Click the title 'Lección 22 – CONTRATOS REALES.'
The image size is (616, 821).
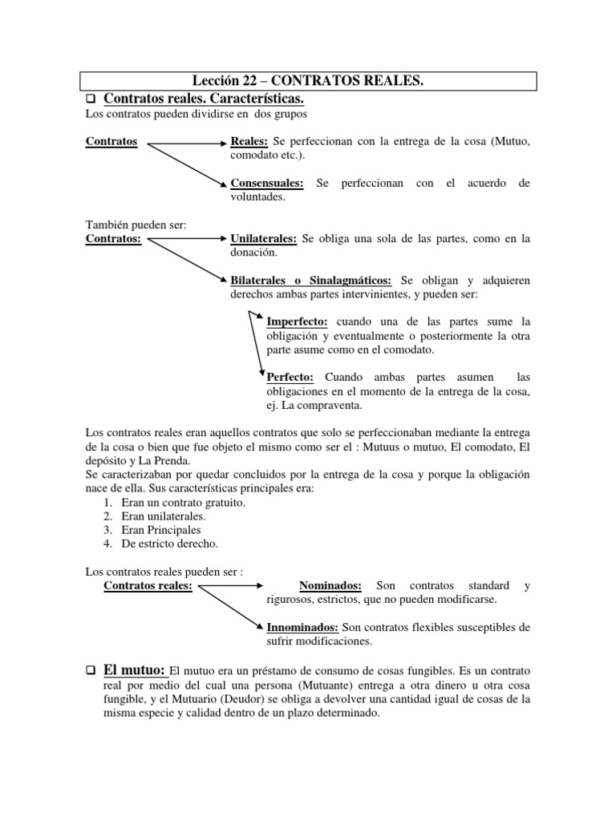pos(308,80)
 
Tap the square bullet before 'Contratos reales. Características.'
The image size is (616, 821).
pos(91,99)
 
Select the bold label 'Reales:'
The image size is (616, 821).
pos(249,142)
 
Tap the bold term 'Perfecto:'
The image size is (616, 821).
pos(292,378)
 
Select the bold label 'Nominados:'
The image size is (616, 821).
pos(330,585)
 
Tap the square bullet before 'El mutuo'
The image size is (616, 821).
pos(91,670)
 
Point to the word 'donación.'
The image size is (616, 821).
pos(254,253)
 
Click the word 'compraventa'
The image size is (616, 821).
pos(325,405)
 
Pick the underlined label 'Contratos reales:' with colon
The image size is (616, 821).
pos(148,585)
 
